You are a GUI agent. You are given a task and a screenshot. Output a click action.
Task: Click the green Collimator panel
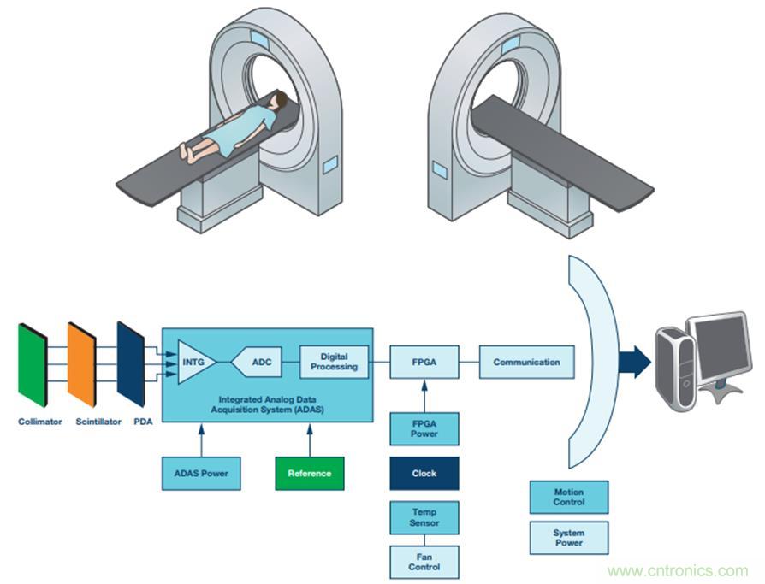click(33, 363)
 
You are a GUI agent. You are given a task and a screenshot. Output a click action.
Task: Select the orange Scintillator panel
click(81, 363)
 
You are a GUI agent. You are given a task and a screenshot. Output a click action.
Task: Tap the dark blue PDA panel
click(131, 363)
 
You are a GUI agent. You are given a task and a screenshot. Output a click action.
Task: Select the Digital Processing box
click(334, 362)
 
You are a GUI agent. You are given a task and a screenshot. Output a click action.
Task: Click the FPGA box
click(424, 362)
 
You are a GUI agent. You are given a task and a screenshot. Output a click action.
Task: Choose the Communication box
click(526, 362)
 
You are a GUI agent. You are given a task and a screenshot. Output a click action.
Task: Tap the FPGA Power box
click(424, 428)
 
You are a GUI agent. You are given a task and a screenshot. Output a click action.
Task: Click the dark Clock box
click(424, 473)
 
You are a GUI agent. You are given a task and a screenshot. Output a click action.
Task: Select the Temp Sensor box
click(424, 517)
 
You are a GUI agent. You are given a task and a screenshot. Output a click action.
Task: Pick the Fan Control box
click(424, 562)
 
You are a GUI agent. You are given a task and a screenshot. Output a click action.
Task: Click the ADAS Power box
click(202, 473)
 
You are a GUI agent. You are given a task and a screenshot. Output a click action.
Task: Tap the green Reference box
click(309, 473)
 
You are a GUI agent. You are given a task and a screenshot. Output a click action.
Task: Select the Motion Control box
click(569, 497)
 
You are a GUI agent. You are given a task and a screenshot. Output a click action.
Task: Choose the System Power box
click(569, 538)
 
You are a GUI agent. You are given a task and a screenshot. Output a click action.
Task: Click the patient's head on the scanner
click(278, 102)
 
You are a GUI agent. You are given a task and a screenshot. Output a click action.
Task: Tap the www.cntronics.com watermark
click(677, 570)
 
